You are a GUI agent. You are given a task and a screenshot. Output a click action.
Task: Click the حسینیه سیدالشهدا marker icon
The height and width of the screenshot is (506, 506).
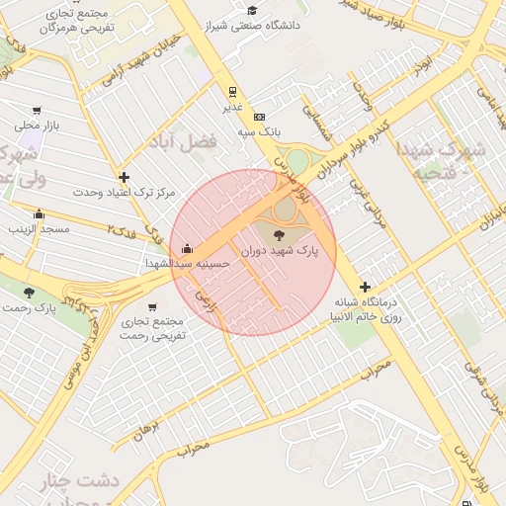point(187,249)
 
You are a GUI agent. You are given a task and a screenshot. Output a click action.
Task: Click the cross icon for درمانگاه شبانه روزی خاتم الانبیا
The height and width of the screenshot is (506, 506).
point(365,286)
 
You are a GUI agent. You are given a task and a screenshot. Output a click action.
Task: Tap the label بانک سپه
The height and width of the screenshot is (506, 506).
point(263,130)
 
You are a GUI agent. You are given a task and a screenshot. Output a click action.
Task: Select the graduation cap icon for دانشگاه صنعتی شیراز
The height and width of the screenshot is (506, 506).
point(252,11)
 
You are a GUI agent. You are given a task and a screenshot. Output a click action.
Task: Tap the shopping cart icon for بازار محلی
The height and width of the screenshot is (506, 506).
point(38,111)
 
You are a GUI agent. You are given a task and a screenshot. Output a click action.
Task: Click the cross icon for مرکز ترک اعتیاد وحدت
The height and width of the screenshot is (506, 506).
point(123,176)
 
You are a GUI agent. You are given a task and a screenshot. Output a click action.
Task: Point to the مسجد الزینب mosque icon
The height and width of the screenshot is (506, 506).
point(39,213)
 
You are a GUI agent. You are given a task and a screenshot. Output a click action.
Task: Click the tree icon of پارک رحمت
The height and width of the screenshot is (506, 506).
point(29,293)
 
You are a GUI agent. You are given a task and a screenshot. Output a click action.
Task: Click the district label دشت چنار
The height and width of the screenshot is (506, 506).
point(78,481)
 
